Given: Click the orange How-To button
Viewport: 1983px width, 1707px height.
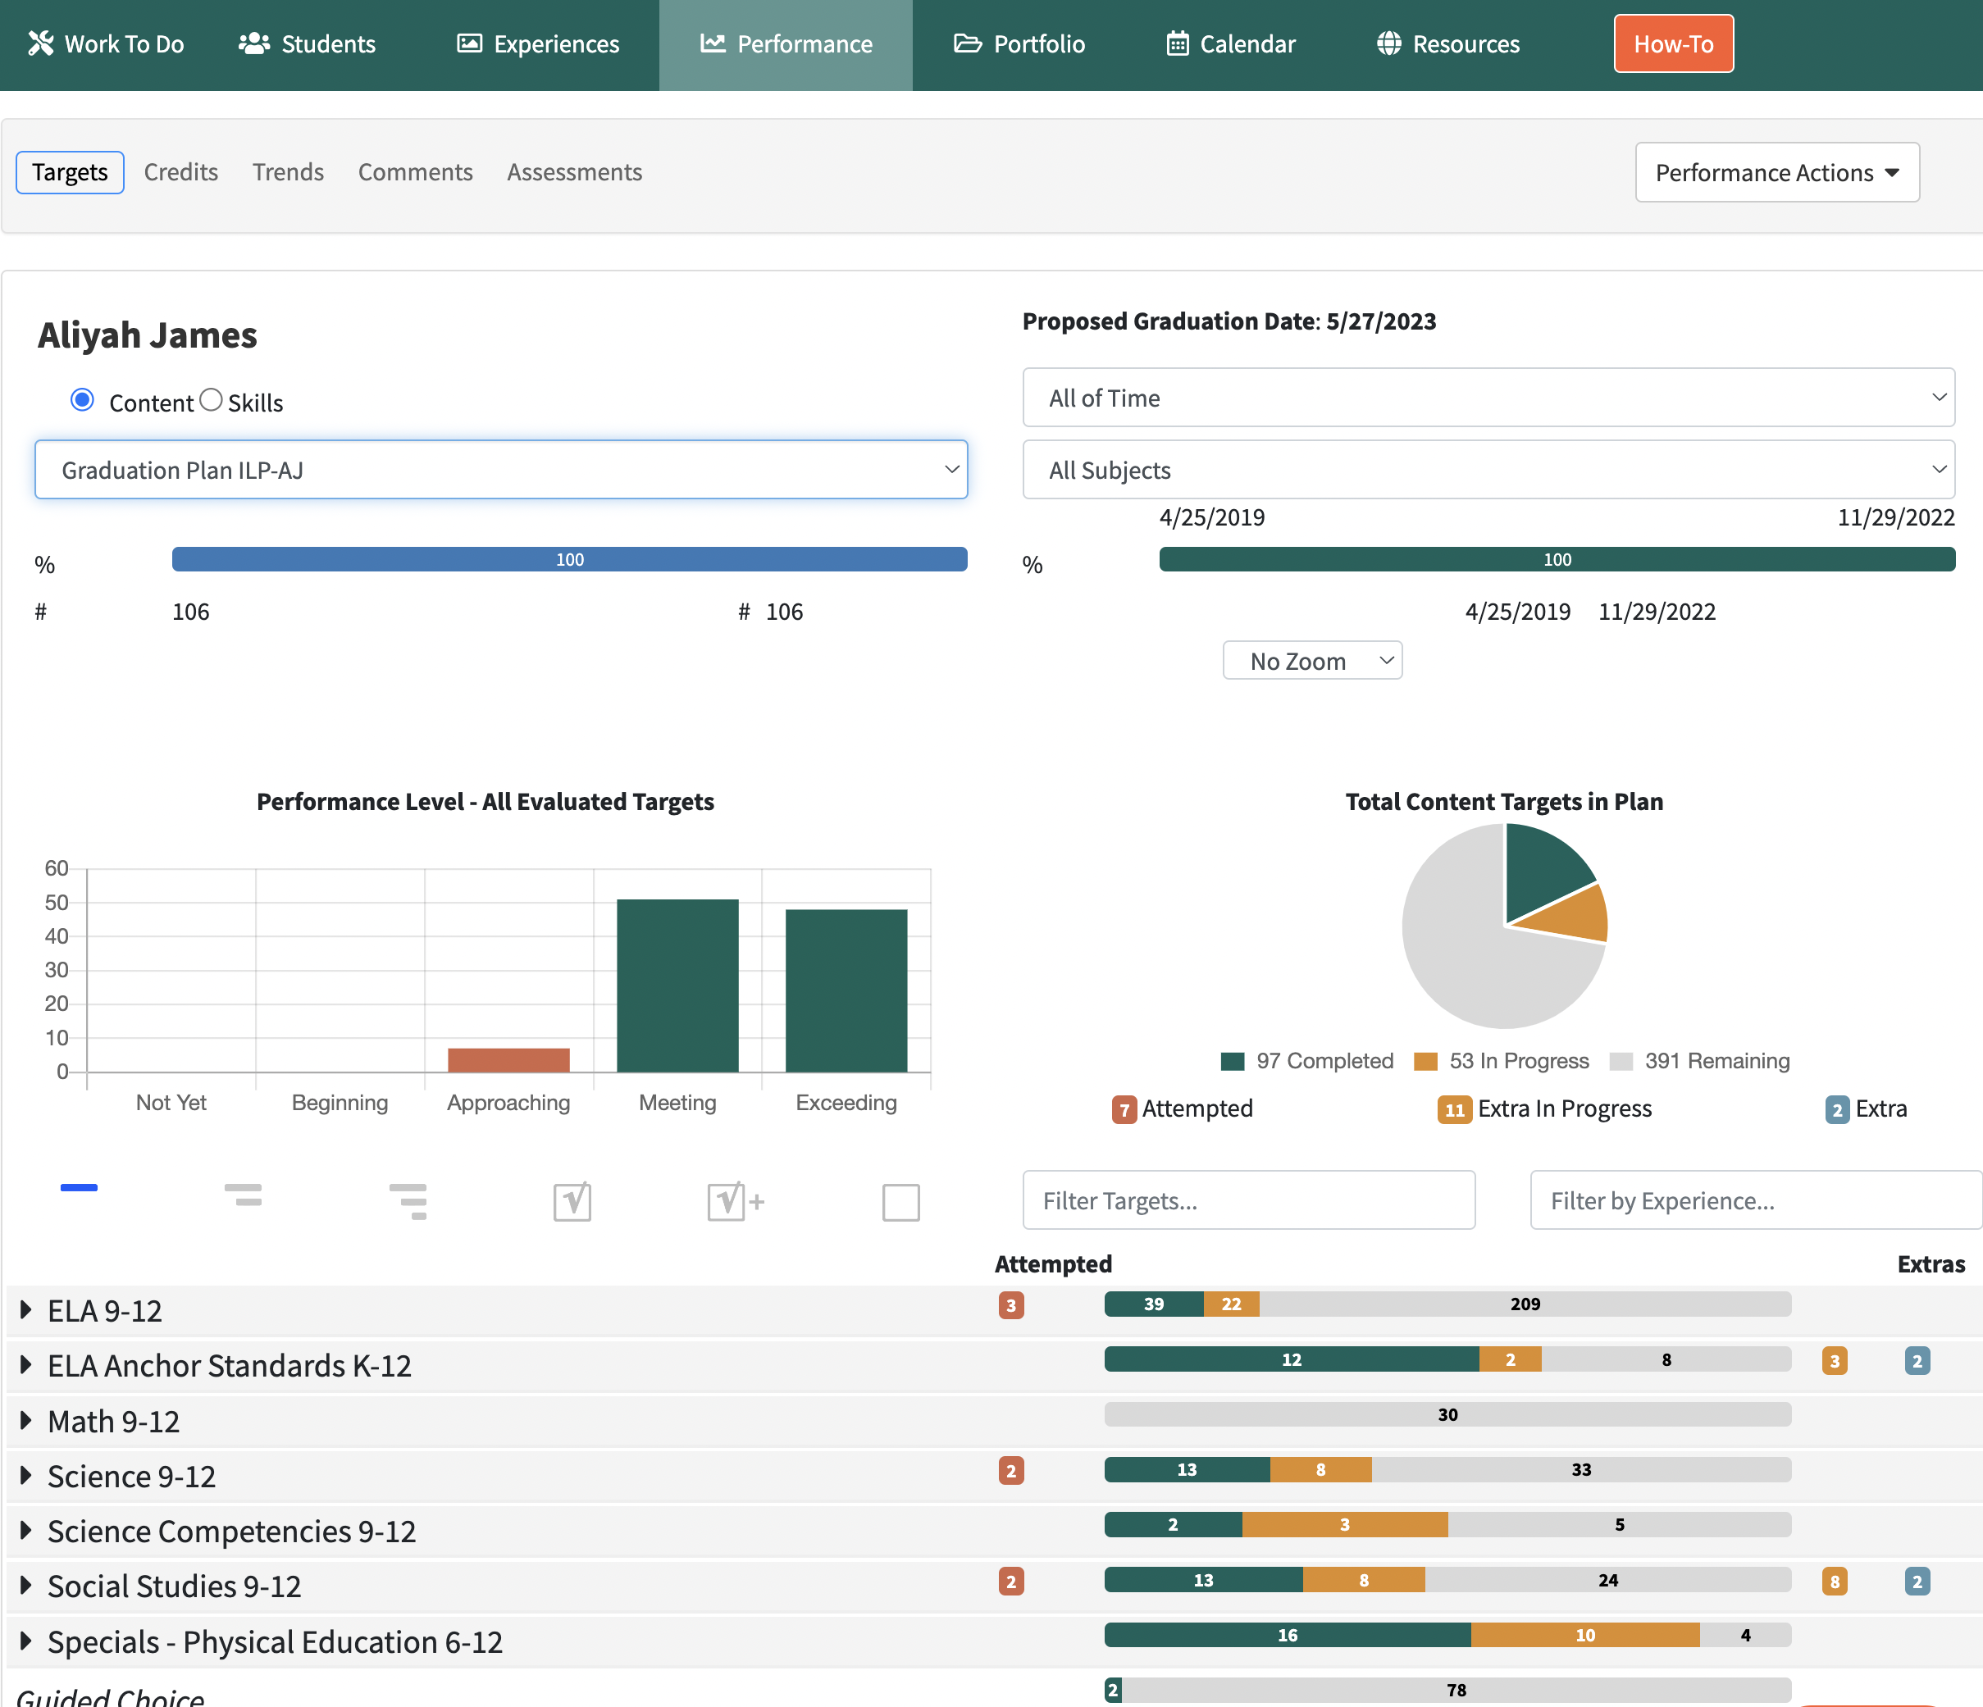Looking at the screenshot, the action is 1673,44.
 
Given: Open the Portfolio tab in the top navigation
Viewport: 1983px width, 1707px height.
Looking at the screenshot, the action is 1019,44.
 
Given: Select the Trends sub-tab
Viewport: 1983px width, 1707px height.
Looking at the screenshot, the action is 288,172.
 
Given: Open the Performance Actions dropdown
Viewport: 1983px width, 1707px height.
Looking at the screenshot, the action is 1777,172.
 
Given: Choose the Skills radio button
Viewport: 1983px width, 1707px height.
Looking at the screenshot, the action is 212,400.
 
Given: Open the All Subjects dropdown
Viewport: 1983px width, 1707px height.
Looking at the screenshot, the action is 1488,470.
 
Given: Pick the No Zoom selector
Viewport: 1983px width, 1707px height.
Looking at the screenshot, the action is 1312,661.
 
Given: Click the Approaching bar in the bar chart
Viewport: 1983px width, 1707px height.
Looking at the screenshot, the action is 508,1060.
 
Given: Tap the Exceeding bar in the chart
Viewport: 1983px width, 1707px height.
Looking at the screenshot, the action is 846,990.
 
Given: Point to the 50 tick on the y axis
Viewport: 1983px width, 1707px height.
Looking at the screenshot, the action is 57,903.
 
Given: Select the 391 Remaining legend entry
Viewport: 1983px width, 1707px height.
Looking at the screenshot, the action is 1700,1061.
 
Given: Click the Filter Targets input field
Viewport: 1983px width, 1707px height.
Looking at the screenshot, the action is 1249,1199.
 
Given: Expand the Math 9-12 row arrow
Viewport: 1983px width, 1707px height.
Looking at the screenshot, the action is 26,1421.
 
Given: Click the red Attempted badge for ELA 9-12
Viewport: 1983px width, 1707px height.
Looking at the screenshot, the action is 1010,1305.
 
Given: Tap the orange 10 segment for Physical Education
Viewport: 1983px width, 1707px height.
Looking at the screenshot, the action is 1585,1635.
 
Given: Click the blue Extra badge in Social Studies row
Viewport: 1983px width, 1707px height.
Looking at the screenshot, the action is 1917,1582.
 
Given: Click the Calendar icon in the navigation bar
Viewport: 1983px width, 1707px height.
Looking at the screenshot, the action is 1177,44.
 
